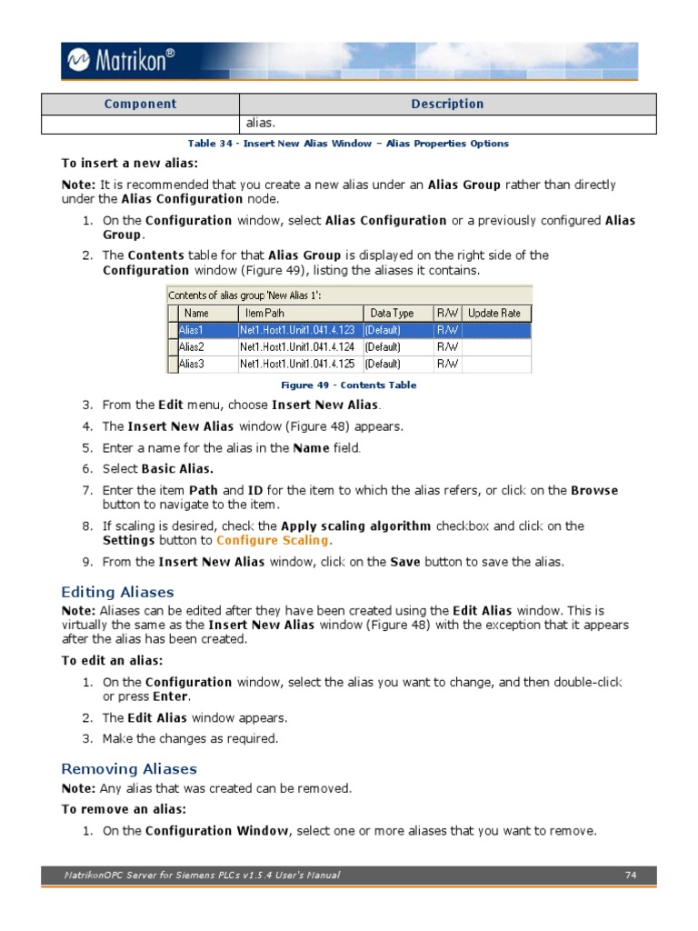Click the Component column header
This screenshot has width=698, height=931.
pyautogui.click(x=140, y=104)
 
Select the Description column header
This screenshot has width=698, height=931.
pyautogui.click(x=447, y=104)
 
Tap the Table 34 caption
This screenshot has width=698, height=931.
pyautogui.click(x=348, y=144)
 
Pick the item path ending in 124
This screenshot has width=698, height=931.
pyautogui.click(x=298, y=347)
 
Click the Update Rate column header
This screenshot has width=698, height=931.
pyautogui.click(x=494, y=313)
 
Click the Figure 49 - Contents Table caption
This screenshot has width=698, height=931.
pyautogui.click(x=348, y=385)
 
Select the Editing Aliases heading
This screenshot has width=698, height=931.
pyautogui.click(x=117, y=593)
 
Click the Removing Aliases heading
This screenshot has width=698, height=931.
pyautogui.click(x=128, y=768)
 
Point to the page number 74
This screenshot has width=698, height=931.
pyautogui.click(x=631, y=876)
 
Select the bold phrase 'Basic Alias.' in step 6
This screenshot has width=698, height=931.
pyautogui.click(x=177, y=469)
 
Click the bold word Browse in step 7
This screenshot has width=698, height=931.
pyautogui.click(x=593, y=491)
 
